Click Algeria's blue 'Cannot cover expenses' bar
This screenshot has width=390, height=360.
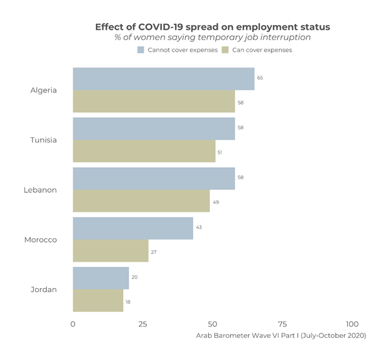pyautogui.click(x=163, y=79)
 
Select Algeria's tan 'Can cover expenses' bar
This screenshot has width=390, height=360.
pyautogui.click(x=154, y=102)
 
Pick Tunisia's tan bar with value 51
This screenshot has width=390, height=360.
pyautogui.click(x=144, y=152)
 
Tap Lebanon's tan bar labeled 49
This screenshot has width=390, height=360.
pyautogui.click(x=141, y=201)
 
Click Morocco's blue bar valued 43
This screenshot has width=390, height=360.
pyautogui.click(x=133, y=229)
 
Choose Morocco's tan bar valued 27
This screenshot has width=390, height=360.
pyautogui.click(x=110, y=251)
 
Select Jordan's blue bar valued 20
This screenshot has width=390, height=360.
pyautogui.click(x=100, y=278)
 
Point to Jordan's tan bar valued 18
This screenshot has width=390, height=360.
pyautogui.click(x=98, y=301)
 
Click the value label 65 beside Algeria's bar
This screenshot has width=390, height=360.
pyautogui.click(x=260, y=78)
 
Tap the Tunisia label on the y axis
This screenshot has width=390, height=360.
pyautogui.click(x=43, y=140)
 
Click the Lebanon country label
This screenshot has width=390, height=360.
pyautogui.click(x=40, y=190)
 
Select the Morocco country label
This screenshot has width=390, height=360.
pyautogui.click(x=40, y=240)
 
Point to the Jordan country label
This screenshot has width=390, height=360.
pyautogui.click(x=43, y=289)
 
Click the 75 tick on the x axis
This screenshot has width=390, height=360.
pyautogui.click(x=282, y=324)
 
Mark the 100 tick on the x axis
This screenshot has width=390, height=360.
pyautogui.click(x=352, y=324)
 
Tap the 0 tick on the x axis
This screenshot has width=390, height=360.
pyautogui.click(x=73, y=324)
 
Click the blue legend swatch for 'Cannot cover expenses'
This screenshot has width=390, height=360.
pyautogui.click(x=141, y=50)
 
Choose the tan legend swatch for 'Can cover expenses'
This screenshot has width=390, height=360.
pyautogui.click(x=225, y=50)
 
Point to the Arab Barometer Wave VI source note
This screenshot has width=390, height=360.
pyautogui.click(x=281, y=335)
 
